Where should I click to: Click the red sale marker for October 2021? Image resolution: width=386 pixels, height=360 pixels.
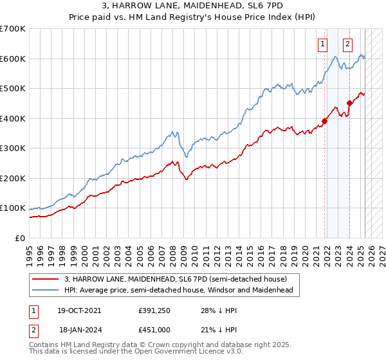click(x=325, y=121)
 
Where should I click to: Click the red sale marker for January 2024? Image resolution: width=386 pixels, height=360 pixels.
click(x=349, y=103)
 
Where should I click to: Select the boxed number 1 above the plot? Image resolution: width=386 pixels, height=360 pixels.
click(x=322, y=44)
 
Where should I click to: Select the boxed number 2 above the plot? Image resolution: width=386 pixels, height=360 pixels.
click(x=347, y=44)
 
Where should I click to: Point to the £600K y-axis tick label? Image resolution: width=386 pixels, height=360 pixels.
click(x=13, y=59)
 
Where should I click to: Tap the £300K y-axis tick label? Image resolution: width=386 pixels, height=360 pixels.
click(x=13, y=148)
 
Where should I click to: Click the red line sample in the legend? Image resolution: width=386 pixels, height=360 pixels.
click(x=46, y=279)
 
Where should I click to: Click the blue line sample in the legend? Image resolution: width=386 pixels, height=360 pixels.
click(x=46, y=291)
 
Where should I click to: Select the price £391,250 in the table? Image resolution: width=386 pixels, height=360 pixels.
click(x=154, y=310)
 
